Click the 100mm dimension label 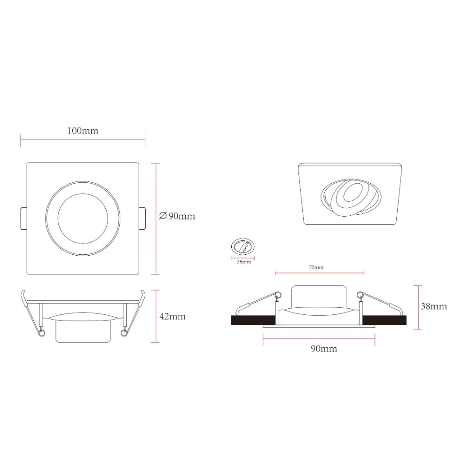(83, 131)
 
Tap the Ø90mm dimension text (177, 216)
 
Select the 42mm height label (172, 316)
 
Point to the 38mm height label (434, 306)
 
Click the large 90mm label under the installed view (324, 349)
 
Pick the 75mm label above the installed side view (316, 267)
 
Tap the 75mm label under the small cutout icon (243, 262)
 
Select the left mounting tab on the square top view (23, 219)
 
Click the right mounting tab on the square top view (142, 219)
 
